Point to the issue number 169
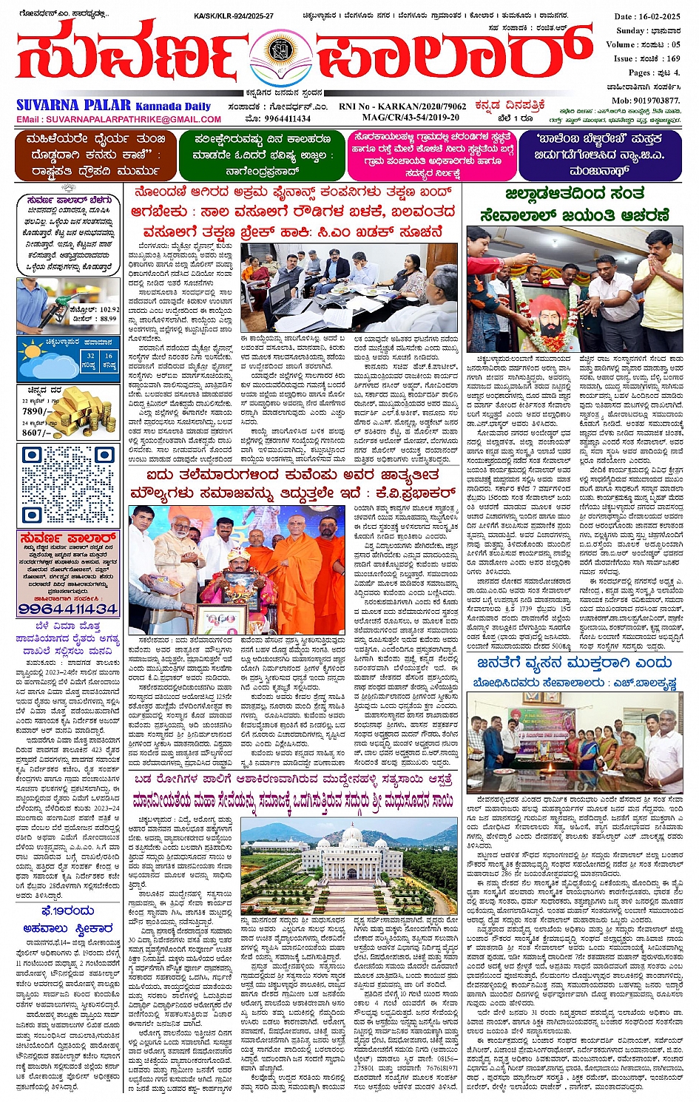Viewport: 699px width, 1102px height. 672,58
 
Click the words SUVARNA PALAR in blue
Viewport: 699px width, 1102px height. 73,106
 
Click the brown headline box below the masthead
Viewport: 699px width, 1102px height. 92,155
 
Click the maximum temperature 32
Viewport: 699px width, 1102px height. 91,356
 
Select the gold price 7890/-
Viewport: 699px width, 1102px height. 35,410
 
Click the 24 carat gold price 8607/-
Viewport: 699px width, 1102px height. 35,433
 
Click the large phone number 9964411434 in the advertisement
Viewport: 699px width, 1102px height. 67,609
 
